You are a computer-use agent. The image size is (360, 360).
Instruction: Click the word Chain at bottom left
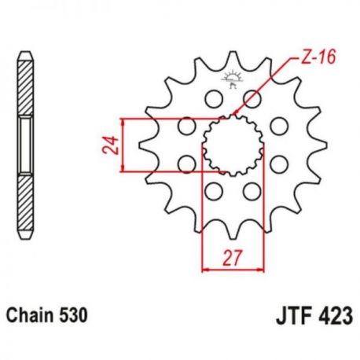click(30, 314)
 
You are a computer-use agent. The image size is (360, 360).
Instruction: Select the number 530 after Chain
click(73, 314)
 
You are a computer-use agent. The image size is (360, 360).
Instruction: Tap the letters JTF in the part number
click(292, 315)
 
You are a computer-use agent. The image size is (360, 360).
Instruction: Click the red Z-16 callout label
click(318, 57)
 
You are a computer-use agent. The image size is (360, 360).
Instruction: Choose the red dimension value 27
click(232, 258)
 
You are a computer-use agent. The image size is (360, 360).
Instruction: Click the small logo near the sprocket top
click(231, 80)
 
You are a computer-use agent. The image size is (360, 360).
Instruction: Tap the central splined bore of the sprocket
click(233, 145)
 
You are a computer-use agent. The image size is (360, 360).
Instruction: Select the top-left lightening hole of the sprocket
click(214, 99)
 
